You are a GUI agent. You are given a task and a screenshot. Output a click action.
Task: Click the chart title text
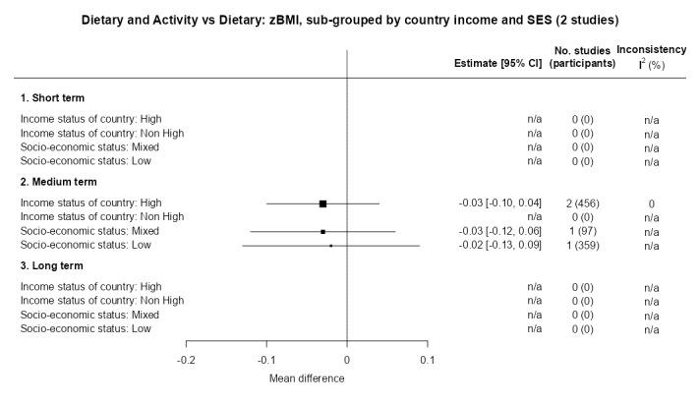350,20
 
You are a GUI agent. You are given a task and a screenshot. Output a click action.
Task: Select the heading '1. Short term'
52,98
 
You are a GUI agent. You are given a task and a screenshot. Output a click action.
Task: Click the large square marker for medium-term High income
322,203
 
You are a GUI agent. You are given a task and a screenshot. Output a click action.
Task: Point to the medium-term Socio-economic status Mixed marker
322,231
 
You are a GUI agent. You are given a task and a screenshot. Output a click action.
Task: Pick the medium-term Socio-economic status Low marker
331,246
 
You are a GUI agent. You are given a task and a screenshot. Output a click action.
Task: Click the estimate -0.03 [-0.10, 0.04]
500,202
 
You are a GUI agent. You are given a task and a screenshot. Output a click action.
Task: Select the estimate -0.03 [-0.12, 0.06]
500,231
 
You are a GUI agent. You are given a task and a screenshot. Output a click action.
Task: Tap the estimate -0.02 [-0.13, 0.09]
500,245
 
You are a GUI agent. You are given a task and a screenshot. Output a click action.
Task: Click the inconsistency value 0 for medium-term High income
651,203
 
